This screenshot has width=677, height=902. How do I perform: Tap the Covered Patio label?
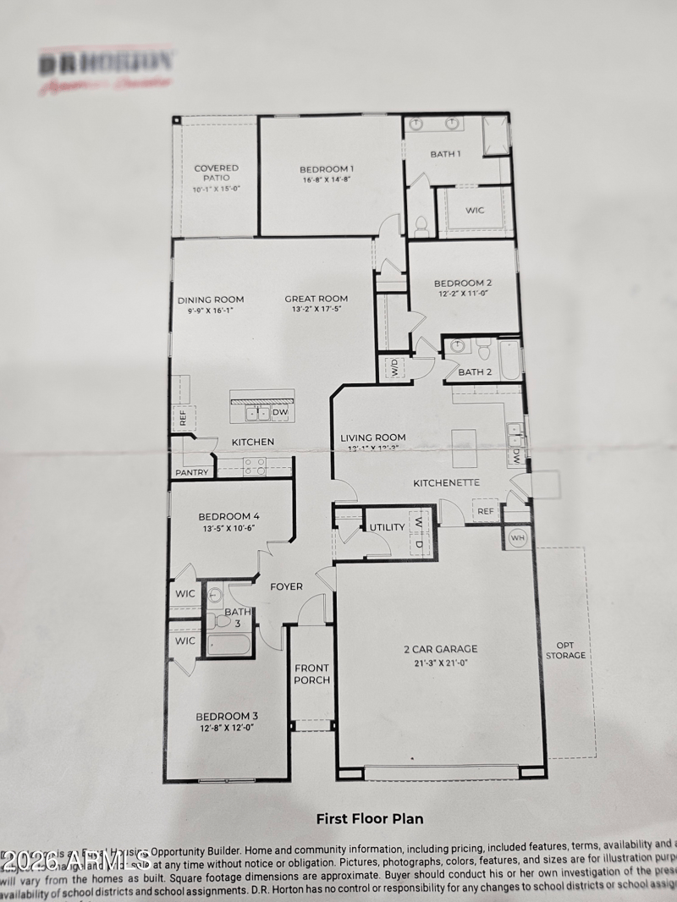(217, 173)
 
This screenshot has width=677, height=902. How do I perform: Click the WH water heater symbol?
(517, 537)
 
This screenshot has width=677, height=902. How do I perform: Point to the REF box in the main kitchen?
(181, 416)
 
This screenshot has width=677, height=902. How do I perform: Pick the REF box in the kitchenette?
(485, 511)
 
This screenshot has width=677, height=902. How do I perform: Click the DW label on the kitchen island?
(280, 412)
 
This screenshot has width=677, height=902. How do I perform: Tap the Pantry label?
(191, 472)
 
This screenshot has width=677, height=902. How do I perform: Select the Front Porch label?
(311, 674)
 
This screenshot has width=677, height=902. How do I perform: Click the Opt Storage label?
(566, 649)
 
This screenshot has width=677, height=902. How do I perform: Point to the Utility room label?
(388, 527)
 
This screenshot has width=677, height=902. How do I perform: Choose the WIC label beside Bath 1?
(476, 210)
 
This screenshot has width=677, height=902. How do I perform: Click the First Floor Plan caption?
(370, 818)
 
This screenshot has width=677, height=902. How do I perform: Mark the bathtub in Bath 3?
(229, 645)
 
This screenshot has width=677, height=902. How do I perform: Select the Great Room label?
(316, 299)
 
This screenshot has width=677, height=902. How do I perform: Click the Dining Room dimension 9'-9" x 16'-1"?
(211, 311)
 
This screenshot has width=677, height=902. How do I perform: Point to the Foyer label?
(286, 586)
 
